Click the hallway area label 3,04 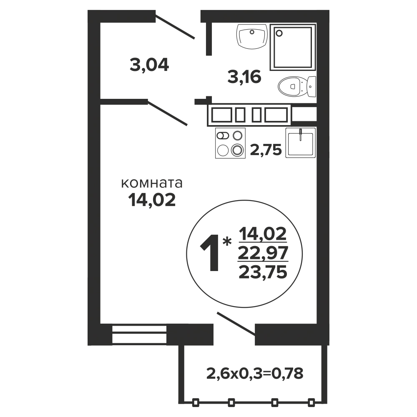149,65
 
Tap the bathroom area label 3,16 244,78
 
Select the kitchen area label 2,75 266,150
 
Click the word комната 152,183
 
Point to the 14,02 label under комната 152,200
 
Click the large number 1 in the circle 211,254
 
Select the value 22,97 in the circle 263,253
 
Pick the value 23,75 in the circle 263,272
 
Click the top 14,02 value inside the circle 263,234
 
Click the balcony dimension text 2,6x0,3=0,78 255,373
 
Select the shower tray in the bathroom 293,47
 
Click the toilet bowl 297,86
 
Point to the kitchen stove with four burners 230,143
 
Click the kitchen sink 301,143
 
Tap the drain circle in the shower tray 279,33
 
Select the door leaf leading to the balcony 236,323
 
